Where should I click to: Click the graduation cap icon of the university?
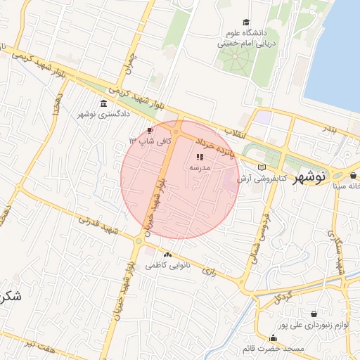245,22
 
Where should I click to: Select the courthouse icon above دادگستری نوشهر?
104,104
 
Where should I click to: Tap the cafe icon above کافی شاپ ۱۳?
150,131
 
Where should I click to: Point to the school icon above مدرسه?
200,157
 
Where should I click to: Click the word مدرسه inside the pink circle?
200,169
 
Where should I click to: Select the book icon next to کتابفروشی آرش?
262,167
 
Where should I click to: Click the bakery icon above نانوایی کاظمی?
167,255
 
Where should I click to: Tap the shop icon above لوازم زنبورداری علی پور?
312,314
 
